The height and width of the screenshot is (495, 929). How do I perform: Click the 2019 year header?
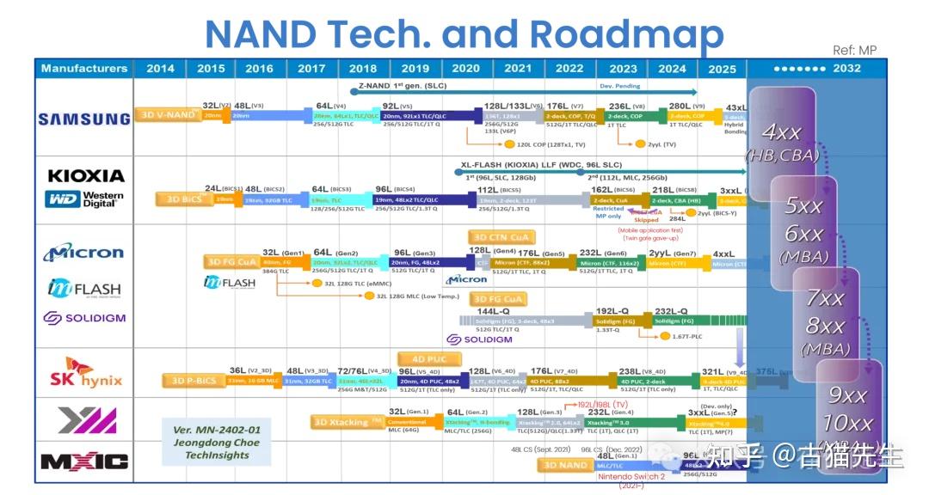[x=415, y=69]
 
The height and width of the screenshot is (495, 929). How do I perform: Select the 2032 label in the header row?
[x=846, y=69]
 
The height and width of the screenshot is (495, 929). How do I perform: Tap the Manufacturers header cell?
[x=84, y=69]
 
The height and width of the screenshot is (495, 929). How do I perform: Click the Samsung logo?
[x=84, y=119]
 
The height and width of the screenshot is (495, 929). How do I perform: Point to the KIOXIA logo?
[x=85, y=175]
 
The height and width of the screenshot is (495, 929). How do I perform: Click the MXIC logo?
[x=84, y=461]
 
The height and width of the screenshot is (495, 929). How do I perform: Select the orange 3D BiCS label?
[x=179, y=199]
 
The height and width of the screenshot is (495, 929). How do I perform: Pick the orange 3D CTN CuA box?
[x=501, y=236]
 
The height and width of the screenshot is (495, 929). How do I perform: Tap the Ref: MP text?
[x=854, y=51]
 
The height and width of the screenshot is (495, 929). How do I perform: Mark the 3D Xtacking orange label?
[x=348, y=421]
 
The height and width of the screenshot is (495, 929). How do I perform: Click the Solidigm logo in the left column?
[x=84, y=318]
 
